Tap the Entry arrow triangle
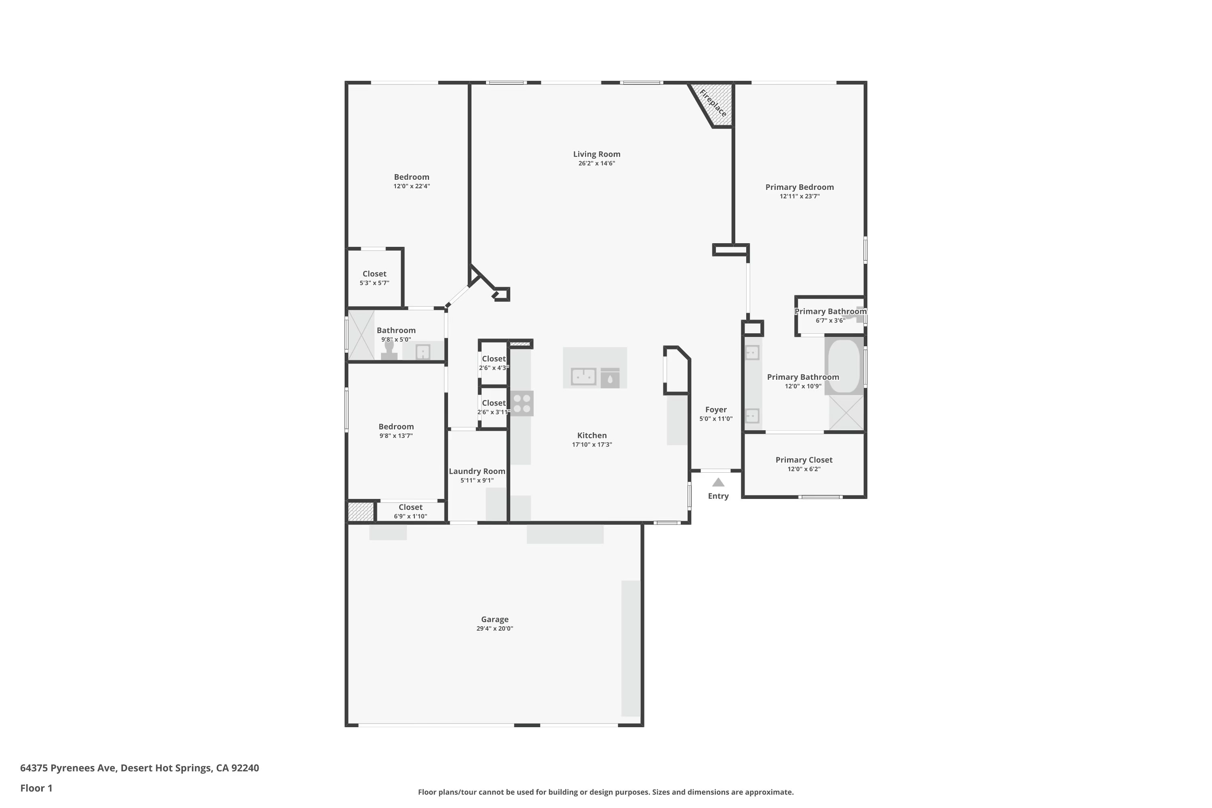click(718, 482)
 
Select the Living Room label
click(597, 154)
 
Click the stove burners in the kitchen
click(522, 404)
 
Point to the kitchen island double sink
click(584, 377)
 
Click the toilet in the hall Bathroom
click(389, 349)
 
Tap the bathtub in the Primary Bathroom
click(844, 366)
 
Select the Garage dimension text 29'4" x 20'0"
click(494, 629)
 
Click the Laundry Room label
click(477, 471)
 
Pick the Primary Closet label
click(804, 460)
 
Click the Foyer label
click(716, 410)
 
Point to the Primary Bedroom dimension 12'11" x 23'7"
click(800, 196)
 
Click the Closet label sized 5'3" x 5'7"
click(375, 274)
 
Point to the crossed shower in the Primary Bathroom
click(846, 413)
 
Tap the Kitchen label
click(592, 436)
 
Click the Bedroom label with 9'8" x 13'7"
click(396, 427)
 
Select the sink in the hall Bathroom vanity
click(423, 352)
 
